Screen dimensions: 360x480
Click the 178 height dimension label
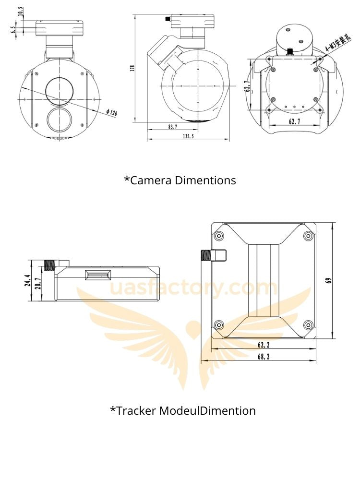(x=132, y=68)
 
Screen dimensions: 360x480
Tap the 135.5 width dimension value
(x=188, y=136)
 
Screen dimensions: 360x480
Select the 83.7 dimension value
(x=172, y=127)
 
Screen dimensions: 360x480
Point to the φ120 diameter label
(x=112, y=112)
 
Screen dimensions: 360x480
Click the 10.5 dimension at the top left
(x=21, y=12)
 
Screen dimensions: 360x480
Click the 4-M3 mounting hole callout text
(x=337, y=44)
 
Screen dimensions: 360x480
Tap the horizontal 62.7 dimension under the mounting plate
(x=294, y=121)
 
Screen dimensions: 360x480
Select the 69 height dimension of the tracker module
(x=329, y=280)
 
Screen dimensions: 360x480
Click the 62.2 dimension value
(x=264, y=345)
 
